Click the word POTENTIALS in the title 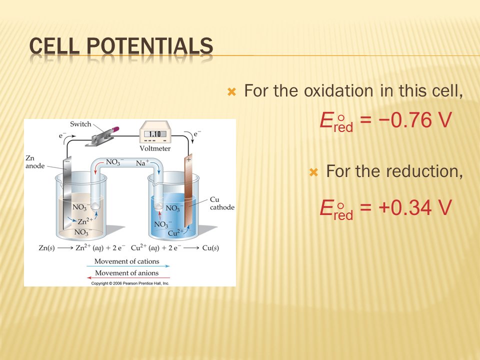click(149, 46)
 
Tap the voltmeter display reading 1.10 click(155, 134)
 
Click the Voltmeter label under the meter click(155, 148)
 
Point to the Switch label click(80, 124)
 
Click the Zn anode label click(35, 162)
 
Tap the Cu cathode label click(222, 203)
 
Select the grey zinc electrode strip click(67, 193)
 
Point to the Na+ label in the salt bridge click(142, 162)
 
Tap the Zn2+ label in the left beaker click(85, 220)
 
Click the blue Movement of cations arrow click(128, 266)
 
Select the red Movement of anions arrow click(128, 277)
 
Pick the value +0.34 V click(415, 207)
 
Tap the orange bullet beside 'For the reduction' click(314, 172)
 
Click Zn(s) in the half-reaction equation click(46, 247)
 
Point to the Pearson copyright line click(130, 283)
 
